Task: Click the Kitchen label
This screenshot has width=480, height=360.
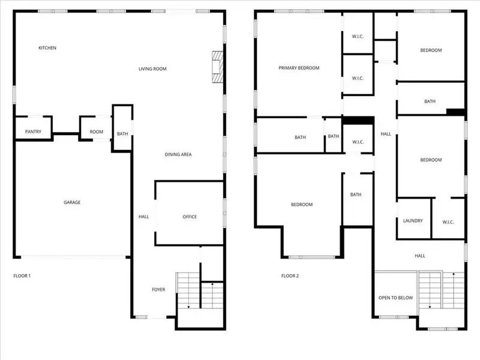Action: tap(47, 48)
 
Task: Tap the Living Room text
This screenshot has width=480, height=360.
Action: tap(152, 69)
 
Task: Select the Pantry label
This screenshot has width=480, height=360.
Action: tap(33, 132)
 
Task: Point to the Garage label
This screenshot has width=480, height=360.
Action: tap(72, 203)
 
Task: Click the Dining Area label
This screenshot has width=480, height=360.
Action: tap(178, 155)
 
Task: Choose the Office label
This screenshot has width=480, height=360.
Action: tap(190, 217)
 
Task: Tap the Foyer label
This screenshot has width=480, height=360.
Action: tap(158, 290)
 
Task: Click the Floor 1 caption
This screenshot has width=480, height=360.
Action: tap(22, 276)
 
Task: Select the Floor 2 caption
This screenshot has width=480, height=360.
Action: tap(290, 276)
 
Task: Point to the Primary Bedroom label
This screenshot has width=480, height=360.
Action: tap(299, 68)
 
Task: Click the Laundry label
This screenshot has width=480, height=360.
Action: tap(413, 221)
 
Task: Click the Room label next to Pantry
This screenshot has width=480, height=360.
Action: tap(96, 132)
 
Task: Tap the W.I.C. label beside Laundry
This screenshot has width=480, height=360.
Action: tap(448, 222)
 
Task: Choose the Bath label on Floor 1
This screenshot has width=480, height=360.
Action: tap(122, 134)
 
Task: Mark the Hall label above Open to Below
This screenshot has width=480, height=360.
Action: tap(420, 256)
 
